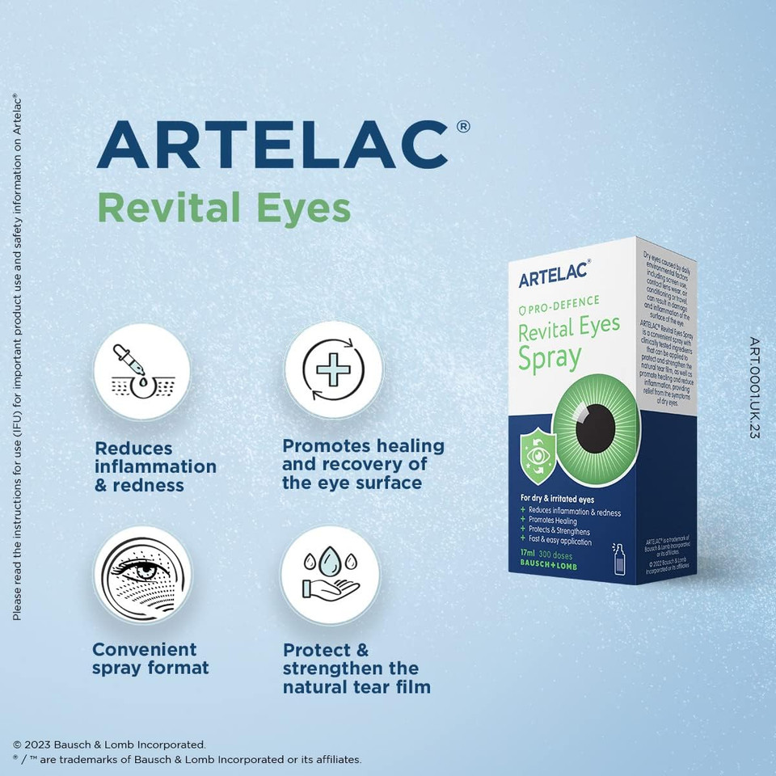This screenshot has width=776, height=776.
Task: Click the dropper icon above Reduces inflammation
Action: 141,369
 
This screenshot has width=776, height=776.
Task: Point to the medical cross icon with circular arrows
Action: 332,369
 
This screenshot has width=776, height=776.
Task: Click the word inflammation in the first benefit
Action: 155,466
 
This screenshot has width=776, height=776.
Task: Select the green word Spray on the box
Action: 550,358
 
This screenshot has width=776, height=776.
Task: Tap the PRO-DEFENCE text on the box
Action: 563,303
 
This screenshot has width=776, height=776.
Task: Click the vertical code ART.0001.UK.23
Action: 753,388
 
